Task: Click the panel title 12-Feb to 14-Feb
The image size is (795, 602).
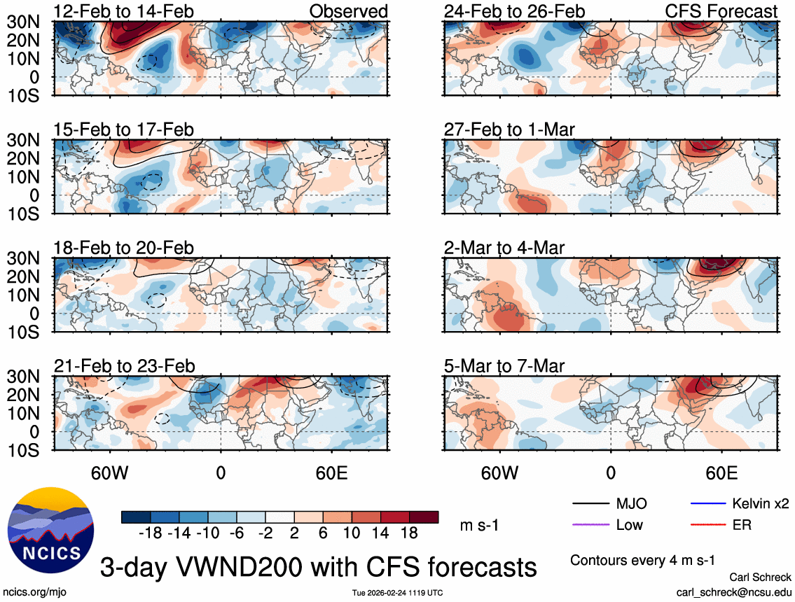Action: [124, 11]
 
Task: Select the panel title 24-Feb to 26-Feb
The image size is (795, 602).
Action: [514, 11]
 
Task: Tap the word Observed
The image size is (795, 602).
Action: [348, 11]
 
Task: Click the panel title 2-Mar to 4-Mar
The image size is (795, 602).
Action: [504, 248]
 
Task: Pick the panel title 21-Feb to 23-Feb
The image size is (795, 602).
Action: [124, 366]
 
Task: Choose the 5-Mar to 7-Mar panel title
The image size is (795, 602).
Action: [504, 366]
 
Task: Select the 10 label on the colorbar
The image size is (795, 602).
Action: [352, 533]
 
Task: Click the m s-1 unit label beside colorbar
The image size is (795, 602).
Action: [478, 524]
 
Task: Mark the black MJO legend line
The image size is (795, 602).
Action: [590, 503]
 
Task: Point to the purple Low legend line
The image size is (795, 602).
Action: [590, 524]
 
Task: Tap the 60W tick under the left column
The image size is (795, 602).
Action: [110, 472]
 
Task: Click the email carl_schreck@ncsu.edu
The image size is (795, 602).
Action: [734, 591]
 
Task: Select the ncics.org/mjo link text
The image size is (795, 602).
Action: [33, 591]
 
